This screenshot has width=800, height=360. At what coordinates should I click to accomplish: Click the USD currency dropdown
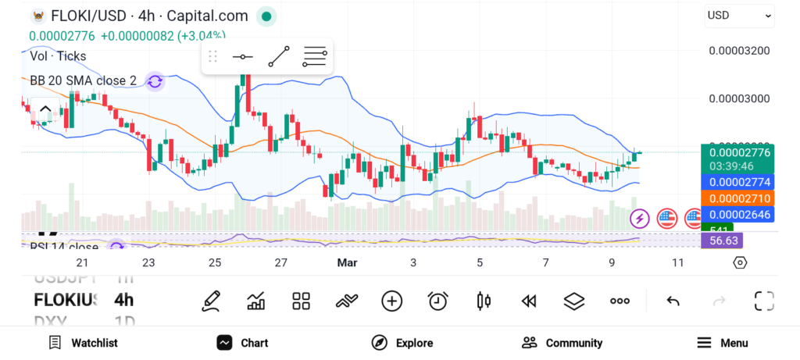[739, 15]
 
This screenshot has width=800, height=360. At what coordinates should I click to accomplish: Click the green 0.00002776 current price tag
[739, 153]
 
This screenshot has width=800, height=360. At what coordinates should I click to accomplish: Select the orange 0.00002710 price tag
[739, 198]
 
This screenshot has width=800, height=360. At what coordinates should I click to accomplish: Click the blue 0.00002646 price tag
[739, 214]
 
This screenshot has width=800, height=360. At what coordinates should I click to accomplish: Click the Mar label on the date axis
[347, 263]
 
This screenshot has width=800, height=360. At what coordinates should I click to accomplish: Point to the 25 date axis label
[215, 263]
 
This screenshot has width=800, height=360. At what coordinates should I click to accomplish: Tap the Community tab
[562, 343]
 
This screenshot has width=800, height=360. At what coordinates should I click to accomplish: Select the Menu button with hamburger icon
[722, 343]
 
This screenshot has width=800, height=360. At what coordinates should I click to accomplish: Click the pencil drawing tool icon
[210, 301]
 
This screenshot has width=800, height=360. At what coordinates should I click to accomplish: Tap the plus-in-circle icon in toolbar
[391, 301]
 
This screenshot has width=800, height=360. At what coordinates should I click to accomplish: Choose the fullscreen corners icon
[763, 301]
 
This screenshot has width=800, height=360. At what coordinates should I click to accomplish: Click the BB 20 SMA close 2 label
[83, 80]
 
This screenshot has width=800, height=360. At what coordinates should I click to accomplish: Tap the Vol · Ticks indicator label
[58, 56]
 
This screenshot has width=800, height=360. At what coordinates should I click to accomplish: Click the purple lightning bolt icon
[640, 219]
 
